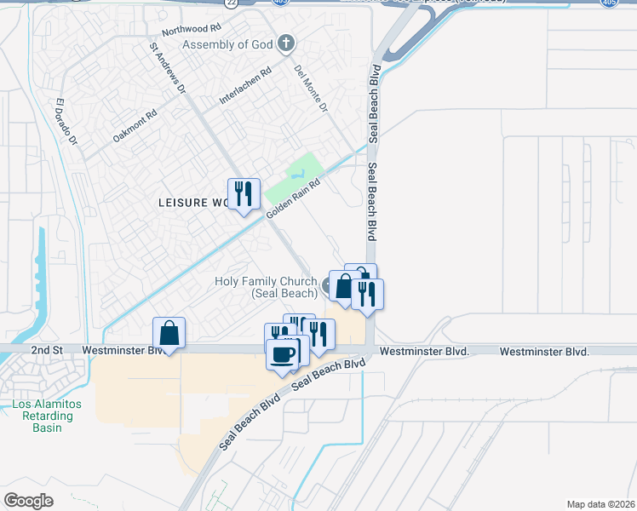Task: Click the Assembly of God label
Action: coord(228,44)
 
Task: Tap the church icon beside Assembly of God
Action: coord(286,43)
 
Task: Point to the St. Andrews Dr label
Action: coord(167,67)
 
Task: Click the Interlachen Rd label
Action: coord(244,85)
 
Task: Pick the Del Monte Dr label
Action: coord(311,89)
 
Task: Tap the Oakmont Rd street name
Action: coord(135,125)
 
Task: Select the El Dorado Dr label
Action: coord(66,121)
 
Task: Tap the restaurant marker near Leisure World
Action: coord(244,194)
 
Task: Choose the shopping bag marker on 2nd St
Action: coord(169,333)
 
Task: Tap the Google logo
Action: coord(28,500)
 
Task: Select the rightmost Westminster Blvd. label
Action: coord(544,351)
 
